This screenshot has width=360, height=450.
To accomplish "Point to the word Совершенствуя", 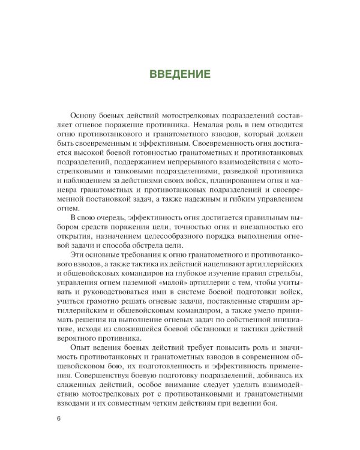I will tap(99, 386).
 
